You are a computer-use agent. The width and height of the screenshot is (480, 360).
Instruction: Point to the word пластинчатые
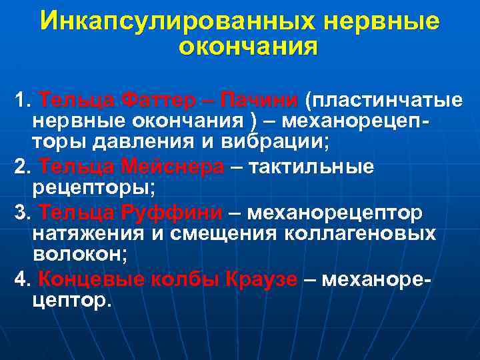[x=383, y=101]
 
